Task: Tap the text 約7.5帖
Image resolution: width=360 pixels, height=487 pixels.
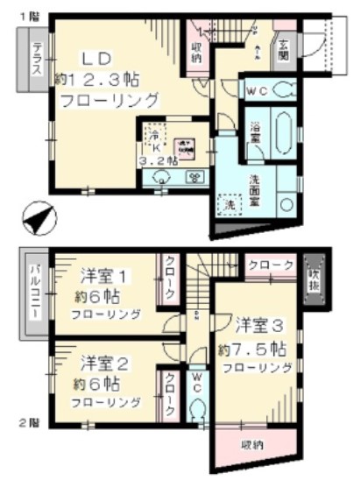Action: tap(251, 348)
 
